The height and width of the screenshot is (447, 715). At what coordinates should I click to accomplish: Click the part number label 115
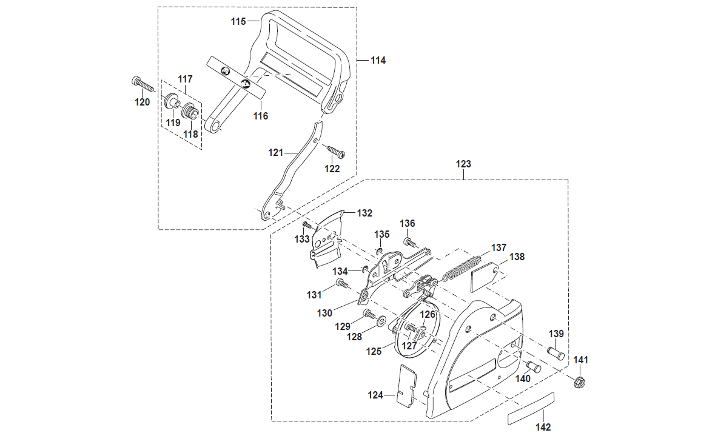click(238, 22)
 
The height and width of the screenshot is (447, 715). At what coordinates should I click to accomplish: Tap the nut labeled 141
click(579, 383)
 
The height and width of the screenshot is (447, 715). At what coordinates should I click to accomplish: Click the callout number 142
click(543, 427)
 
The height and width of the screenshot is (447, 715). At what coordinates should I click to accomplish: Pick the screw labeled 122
click(335, 151)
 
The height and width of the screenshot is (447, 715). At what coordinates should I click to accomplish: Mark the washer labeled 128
click(382, 320)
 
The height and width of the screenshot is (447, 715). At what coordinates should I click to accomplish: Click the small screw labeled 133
click(307, 225)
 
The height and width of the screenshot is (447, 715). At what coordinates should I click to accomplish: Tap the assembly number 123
click(463, 164)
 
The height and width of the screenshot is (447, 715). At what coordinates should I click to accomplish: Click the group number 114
click(378, 61)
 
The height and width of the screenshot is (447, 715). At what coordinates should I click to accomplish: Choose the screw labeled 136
click(410, 243)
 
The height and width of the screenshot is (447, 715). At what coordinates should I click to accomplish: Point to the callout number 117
click(185, 79)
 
